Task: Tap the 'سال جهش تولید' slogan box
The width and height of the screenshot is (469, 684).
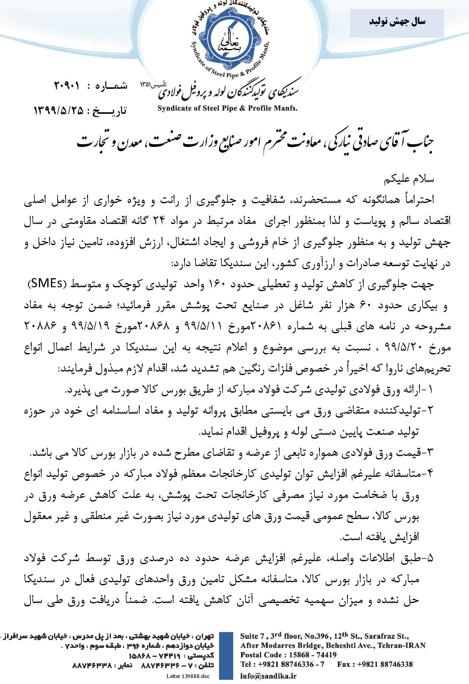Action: (x=396, y=23)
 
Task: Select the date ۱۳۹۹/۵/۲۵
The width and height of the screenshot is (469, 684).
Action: (x=58, y=110)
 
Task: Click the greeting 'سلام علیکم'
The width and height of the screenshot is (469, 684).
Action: (x=408, y=179)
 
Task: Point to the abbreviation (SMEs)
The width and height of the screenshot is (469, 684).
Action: (x=46, y=284)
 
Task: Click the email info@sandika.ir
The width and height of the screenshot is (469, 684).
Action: (x=268, y=676)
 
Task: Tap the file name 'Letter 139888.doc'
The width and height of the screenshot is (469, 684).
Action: (x=188, y=676)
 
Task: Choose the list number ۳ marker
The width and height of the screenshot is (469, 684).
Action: (x=430, y=452)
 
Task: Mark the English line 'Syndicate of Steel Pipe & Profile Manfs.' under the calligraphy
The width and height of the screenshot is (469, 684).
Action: (x=227, y=108)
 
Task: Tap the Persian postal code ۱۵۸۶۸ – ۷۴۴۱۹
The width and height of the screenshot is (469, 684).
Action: (x=155, y=655)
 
